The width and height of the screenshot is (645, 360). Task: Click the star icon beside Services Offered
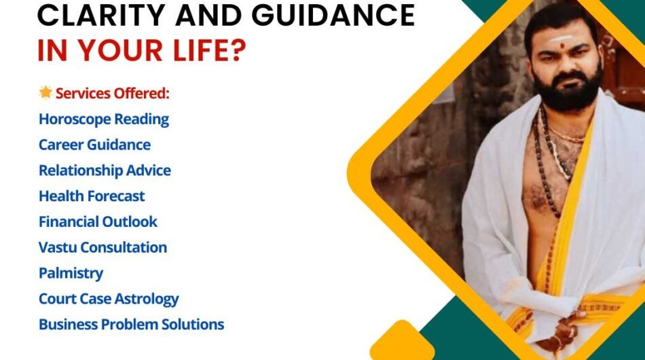tap(45, 92)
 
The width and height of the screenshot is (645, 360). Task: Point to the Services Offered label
tap(112, 93)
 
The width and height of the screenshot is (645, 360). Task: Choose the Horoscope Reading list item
tap(104, 119)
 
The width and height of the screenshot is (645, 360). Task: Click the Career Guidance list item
tap(94, 145)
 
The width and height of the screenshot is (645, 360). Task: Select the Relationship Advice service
tap(105, 170)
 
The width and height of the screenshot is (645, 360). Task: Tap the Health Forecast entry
tap(92, 196)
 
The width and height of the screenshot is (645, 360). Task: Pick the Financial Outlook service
tap(98, 221)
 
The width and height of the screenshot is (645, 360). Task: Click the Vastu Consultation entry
tap(103, 247)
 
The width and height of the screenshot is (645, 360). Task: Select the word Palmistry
tap(71, 273)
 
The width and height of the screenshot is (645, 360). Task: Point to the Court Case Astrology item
tap(109, 299)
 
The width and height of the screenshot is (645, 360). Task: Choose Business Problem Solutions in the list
tap(131, 325)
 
